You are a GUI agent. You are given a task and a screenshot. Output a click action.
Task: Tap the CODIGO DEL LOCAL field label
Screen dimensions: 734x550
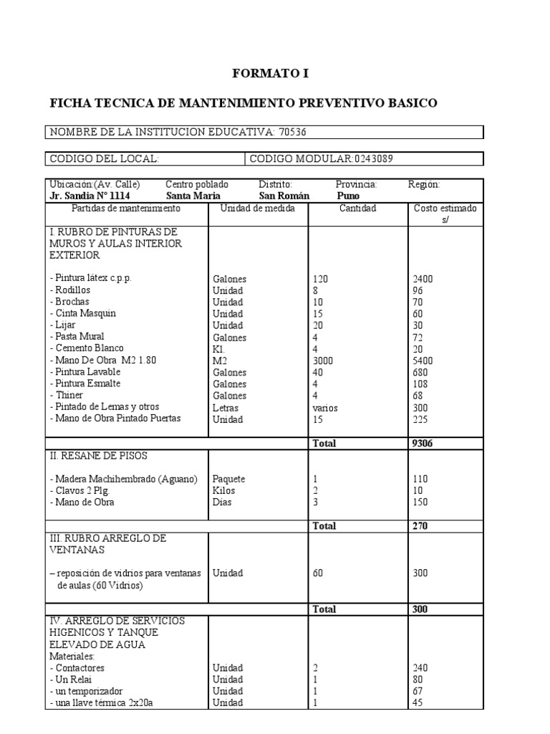coord(104,158)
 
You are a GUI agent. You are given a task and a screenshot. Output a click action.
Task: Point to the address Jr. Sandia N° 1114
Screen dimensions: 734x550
coord(90,196)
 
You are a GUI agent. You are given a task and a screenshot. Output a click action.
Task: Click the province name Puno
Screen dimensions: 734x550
coord(348,196)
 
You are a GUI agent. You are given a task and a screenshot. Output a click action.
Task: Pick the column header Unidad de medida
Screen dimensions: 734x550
coord(258,209)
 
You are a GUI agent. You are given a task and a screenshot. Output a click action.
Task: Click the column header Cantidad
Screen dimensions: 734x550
coord(357,209)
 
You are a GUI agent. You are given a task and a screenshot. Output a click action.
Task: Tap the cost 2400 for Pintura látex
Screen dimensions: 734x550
coord(423,279)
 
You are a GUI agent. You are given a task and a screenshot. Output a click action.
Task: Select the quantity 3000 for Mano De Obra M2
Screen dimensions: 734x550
coord(324,361)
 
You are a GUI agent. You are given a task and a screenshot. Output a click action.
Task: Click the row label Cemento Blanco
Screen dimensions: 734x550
coord(82,348)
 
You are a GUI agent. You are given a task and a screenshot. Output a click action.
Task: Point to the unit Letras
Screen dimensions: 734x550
coord(226,407)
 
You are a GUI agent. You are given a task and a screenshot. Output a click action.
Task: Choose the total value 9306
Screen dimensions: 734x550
coord(423,444)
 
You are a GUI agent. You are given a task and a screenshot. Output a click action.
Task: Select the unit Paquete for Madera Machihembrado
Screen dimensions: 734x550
coord(229,479)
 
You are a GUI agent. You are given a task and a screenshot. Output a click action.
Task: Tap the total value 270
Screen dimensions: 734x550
coord(420,525)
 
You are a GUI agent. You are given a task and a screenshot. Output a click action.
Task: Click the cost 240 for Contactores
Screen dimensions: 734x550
coord(421,667)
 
